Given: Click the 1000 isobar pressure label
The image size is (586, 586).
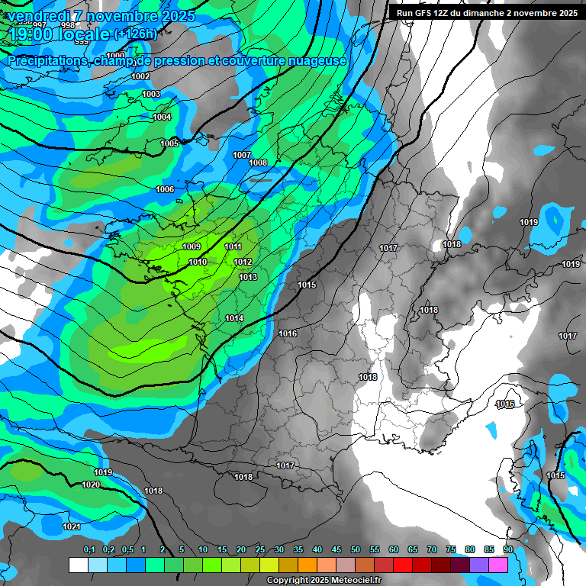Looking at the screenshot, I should point(116,56).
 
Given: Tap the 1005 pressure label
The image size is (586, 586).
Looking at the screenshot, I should point(169,143).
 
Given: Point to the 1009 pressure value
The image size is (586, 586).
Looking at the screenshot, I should point(192,246).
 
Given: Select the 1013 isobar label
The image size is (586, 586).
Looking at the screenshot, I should point(248,277).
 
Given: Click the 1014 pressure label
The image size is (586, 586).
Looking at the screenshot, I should point(234,318).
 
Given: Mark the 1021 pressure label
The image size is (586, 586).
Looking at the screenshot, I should point(72,526).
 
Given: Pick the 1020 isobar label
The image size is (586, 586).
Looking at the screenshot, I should point(91,485).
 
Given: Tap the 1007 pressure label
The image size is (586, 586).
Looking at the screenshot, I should point(242,155).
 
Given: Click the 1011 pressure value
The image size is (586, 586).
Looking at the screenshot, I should point(233,246).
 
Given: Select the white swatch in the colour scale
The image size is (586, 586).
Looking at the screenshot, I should point(79,565).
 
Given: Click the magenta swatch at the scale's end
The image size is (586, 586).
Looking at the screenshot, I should point(498,565).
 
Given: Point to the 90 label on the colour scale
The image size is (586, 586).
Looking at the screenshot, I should point(508,549).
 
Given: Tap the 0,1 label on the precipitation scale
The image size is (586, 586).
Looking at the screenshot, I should point(89,549).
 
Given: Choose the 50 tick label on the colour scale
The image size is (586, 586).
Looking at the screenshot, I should point(356,549).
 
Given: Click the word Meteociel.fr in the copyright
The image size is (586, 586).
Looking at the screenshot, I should point(355,581).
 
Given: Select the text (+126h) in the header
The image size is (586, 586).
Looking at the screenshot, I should point(135,34).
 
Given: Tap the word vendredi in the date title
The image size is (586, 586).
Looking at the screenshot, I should point(40,15).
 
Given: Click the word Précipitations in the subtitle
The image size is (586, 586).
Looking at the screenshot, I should point(47,60).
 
